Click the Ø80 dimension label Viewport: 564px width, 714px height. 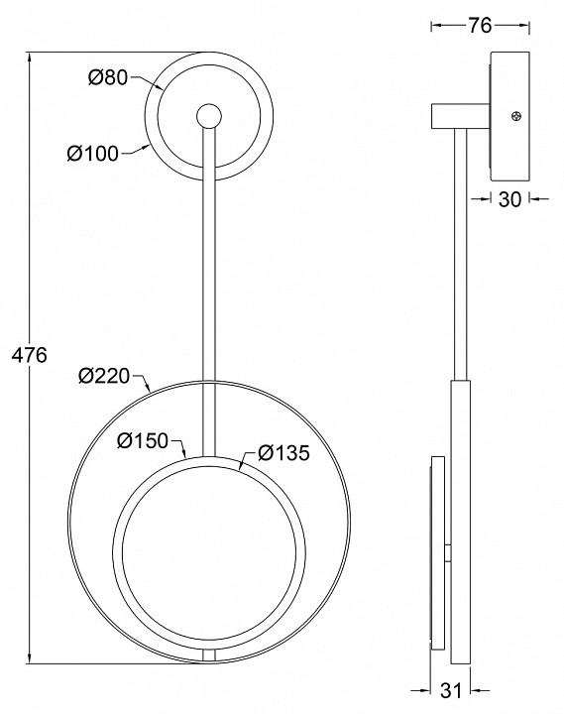(x=108, y=77)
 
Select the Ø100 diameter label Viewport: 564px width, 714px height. (x=93, y=154)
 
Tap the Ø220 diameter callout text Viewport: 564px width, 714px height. (x=104, y=376)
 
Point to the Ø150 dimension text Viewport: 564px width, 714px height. (x=143, y=440)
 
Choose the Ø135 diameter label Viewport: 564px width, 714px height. (x=284, y=452)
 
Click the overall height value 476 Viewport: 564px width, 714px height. (x=29, y=355)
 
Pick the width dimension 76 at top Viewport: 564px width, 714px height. (x=480, y=26)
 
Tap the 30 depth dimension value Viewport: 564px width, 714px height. (x=509, y=199)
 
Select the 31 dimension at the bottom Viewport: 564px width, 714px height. (x=451, y=691)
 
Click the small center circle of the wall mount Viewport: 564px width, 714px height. (x=209, y=116)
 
